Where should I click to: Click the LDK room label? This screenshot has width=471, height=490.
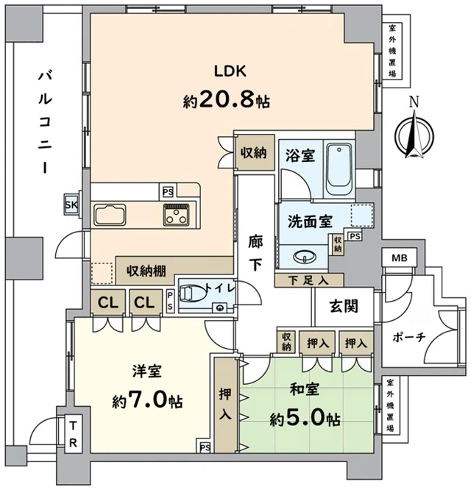(x=230, y=71)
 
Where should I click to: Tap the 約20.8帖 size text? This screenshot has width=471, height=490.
(x=227, y=100)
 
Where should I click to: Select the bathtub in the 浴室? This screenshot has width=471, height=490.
(x=339, y=170)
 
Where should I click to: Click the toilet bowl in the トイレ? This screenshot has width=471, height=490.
(x=190, y=294)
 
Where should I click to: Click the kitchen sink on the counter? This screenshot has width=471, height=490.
(x=110, y=215)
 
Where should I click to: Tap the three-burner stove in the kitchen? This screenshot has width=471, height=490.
(x=177, y=215)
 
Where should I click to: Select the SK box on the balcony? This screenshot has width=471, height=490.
(x=71, y=205)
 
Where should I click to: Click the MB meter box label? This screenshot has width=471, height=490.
(x=400, y=258)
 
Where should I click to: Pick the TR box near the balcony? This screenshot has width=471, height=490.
(x=73, y=434)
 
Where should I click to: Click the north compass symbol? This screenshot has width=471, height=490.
(x=414, y=131)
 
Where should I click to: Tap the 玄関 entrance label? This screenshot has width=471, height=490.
(x=344, y=306)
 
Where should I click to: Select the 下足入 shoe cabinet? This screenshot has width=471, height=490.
(x=309, y=280)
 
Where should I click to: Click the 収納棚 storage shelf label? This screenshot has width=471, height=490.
(x=146, y=271)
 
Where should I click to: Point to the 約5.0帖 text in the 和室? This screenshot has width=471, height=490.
(x=305, y=419)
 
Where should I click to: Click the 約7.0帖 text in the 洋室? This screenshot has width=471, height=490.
(x=147, y=400)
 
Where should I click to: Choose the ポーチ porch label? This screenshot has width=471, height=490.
(x=409, y=338)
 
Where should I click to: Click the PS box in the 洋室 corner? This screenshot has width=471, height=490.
(x=205, y=447)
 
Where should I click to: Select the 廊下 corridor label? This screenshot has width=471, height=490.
(x=255, y=253)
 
